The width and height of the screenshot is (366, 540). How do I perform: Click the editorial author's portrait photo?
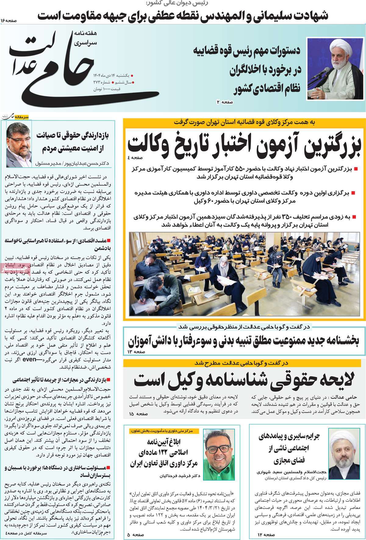pos(19,139)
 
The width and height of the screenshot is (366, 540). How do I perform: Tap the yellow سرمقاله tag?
pos(22,117)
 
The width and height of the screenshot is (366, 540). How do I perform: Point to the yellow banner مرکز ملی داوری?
pos(164,431)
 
